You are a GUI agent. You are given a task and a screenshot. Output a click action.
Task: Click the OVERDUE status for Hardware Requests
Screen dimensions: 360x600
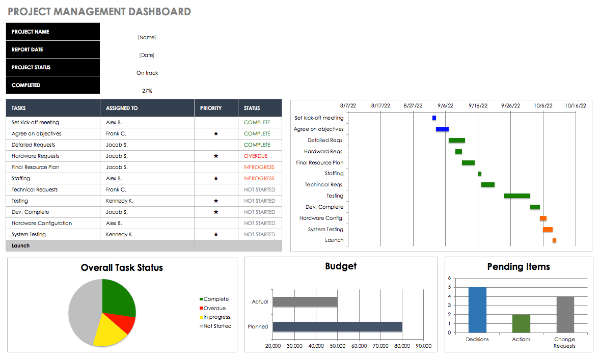pos(255,156)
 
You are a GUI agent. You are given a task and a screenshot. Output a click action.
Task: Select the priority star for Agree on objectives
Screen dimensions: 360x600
pos(216,134)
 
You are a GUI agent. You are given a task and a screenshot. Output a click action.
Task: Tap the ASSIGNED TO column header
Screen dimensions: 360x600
pos(122,108)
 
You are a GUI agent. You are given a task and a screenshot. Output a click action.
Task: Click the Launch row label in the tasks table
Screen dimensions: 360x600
pos(21,246)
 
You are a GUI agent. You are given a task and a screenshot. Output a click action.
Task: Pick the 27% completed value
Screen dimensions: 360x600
pos(147,91)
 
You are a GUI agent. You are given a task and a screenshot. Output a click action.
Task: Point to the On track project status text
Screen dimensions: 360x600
pos(147,73)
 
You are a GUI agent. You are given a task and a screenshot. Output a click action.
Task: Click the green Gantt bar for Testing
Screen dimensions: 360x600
pos(517,196)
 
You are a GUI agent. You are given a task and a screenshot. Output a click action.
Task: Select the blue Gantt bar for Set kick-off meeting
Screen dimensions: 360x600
pos(434,118)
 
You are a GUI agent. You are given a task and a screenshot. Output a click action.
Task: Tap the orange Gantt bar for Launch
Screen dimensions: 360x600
pos(554,240)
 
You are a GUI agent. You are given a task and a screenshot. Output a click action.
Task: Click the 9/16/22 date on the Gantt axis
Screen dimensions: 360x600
pos(478,106)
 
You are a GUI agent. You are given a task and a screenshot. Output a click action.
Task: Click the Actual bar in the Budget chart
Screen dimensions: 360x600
pos(305,302)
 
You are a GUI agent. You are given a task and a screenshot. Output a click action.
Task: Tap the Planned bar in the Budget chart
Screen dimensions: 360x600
pos(337,327)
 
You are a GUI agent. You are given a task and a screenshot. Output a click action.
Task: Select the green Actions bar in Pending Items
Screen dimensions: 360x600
pos(521,323)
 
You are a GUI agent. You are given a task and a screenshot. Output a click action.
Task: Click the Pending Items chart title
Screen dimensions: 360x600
pos(519,267)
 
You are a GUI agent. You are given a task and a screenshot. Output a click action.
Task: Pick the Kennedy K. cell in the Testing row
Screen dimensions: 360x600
pos(120,201)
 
